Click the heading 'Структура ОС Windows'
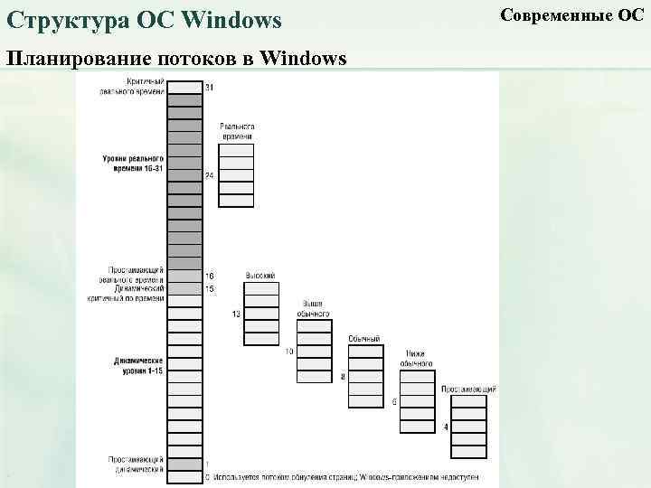145,20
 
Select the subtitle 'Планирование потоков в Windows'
176,60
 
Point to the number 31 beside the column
210,87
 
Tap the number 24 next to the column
210,174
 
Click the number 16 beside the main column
210,276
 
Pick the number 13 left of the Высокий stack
236,314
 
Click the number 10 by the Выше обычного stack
290,351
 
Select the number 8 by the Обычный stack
343,376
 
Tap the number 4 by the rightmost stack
446,426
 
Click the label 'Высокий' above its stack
260,276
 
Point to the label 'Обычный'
364,339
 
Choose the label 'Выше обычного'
313,308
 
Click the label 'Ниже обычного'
417,359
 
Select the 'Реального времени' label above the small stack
236,131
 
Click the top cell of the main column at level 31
184,87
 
